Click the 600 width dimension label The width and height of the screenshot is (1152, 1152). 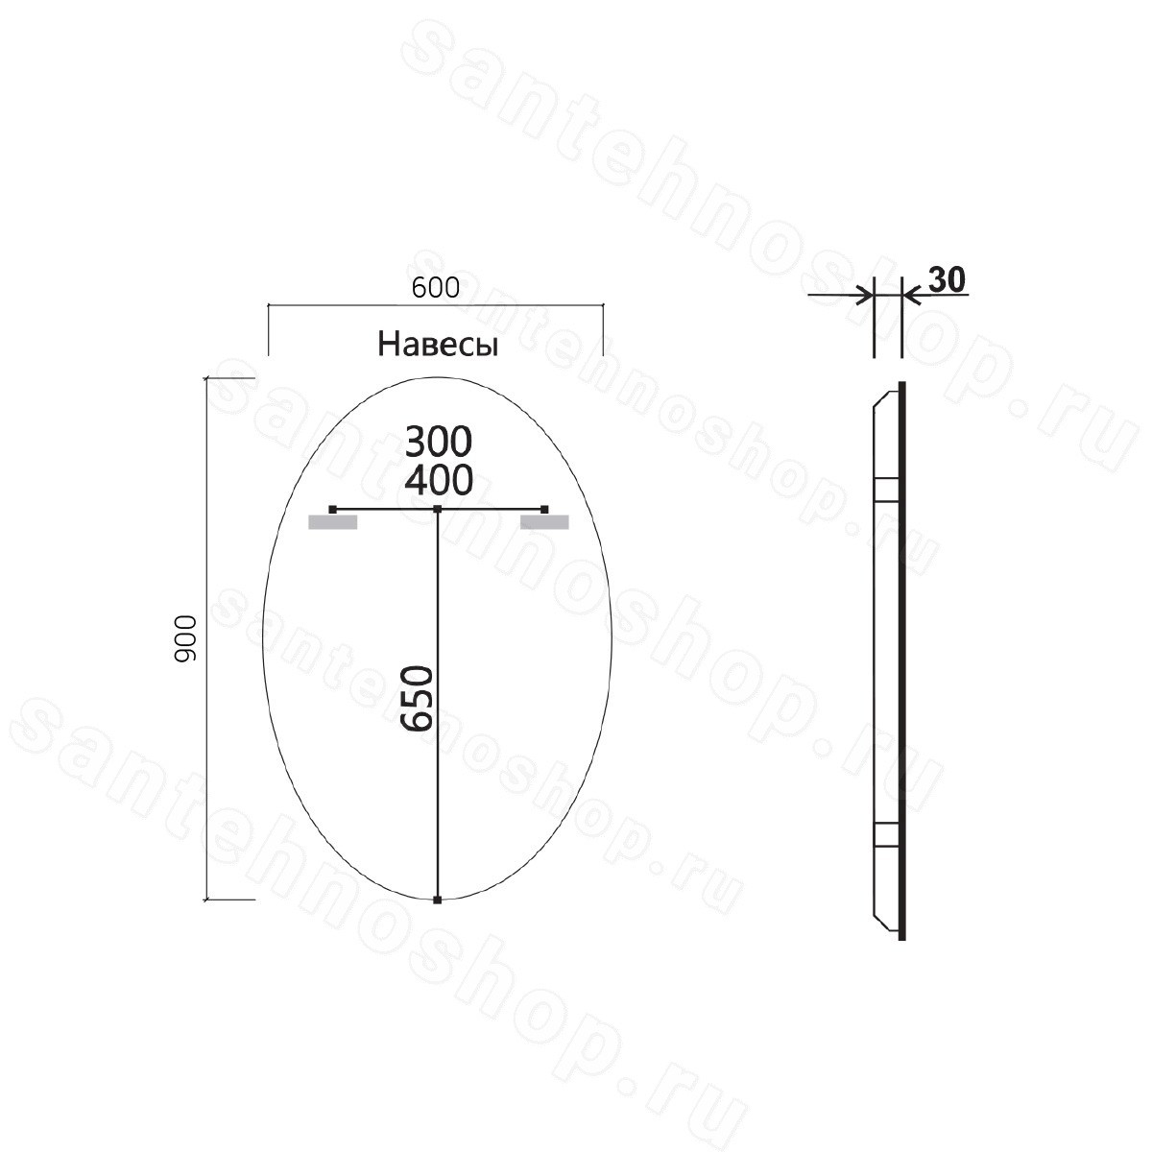pyautogui.click(x=435, y=288)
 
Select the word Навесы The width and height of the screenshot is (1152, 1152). pyautogui.click(x=438, y=346)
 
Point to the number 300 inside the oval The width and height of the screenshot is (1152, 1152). pyautogui.click(x=438, y=442)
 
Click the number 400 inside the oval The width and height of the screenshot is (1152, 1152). pyautogui.click(x=438, y=480)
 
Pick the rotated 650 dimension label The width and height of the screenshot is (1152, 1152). pyautogui.click(x=416, y=699)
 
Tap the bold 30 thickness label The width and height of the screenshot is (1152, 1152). pyautogui.click(x=948, y=279)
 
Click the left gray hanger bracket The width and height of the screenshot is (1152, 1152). pyautogui.click(x=332, y=522)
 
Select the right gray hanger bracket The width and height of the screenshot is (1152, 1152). pyautogui.click(x=544, y=522)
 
